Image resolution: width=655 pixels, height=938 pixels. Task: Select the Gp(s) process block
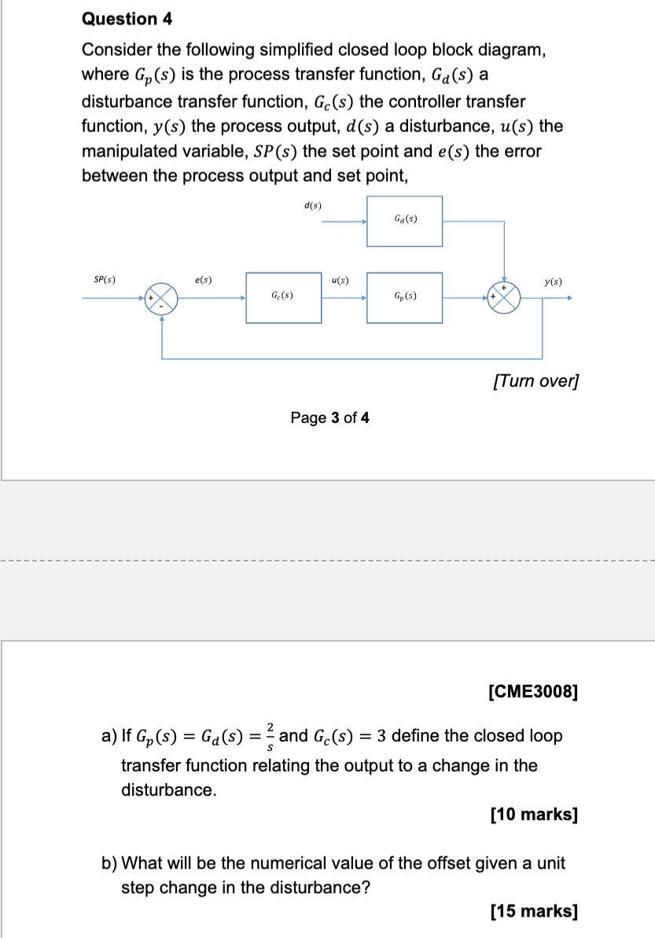(404, 297)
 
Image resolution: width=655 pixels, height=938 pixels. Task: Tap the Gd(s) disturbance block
(404, 221)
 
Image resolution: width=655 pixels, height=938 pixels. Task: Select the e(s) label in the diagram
(203, 279)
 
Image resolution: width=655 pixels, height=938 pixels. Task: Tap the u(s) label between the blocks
(340, 279)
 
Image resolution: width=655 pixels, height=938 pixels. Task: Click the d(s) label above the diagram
(312, 205)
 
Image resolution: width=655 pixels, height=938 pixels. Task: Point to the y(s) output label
(552, 280)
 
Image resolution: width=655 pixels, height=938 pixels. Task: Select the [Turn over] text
(535, 381)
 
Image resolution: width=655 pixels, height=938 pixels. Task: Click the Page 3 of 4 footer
(329, 418)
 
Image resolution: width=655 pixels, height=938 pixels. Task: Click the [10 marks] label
(533, 814)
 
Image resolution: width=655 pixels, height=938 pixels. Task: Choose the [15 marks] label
(533, 911)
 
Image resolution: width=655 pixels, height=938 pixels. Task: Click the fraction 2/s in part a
(270, 735)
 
